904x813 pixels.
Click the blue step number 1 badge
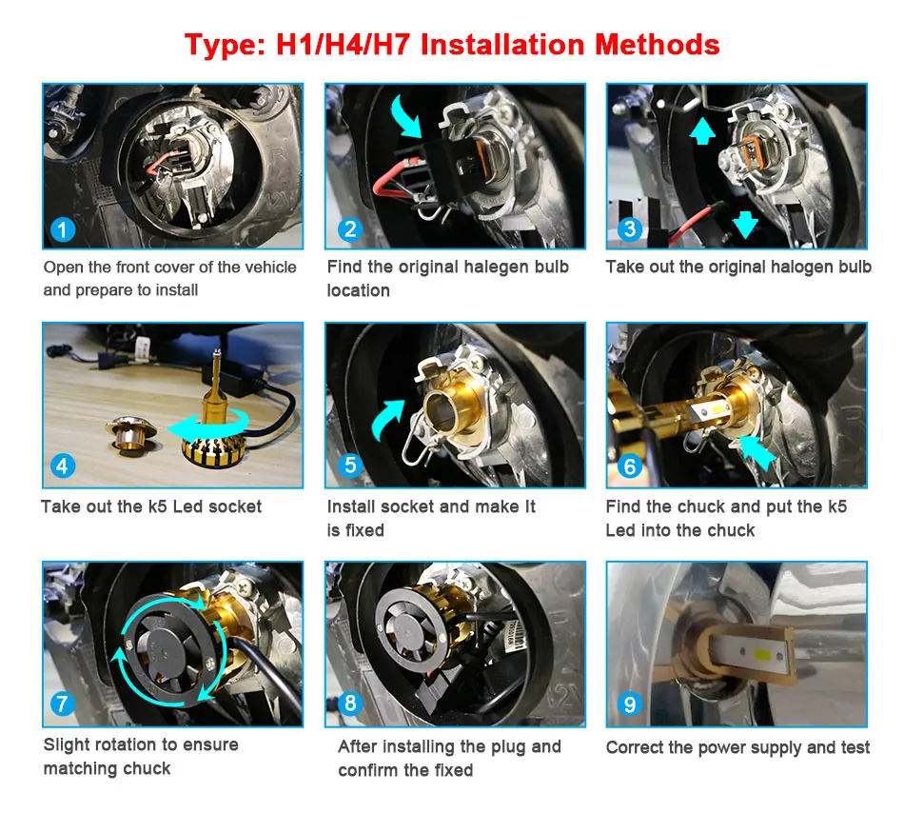click(62, 230)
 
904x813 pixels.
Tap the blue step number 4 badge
click(62, 466)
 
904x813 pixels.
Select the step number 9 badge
click(630, 704)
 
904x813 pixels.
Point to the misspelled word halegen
click(493, 267)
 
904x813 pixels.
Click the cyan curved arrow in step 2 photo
click(406, 115)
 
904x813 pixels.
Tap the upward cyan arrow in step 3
click(702, 130)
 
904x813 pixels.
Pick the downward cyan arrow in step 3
click(745, 224)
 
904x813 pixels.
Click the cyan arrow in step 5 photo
click(385, 418)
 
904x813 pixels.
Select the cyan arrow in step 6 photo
click(757, 451)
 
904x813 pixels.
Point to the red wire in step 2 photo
click(393, 177)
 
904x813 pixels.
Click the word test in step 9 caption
click(855, 747)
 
